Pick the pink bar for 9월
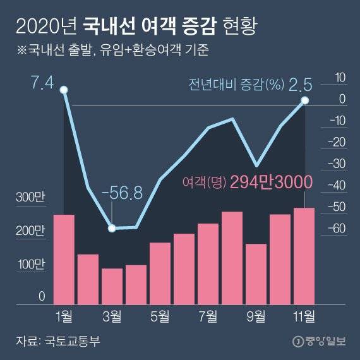(x=256, y=272)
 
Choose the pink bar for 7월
(x=208, y=262)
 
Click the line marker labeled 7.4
(x=64, y=90)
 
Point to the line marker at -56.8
(x=112, y=228)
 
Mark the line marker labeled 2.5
(x=304, y=100)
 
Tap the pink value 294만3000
(x=272, y=183)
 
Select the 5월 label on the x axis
(x=160, y=315)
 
